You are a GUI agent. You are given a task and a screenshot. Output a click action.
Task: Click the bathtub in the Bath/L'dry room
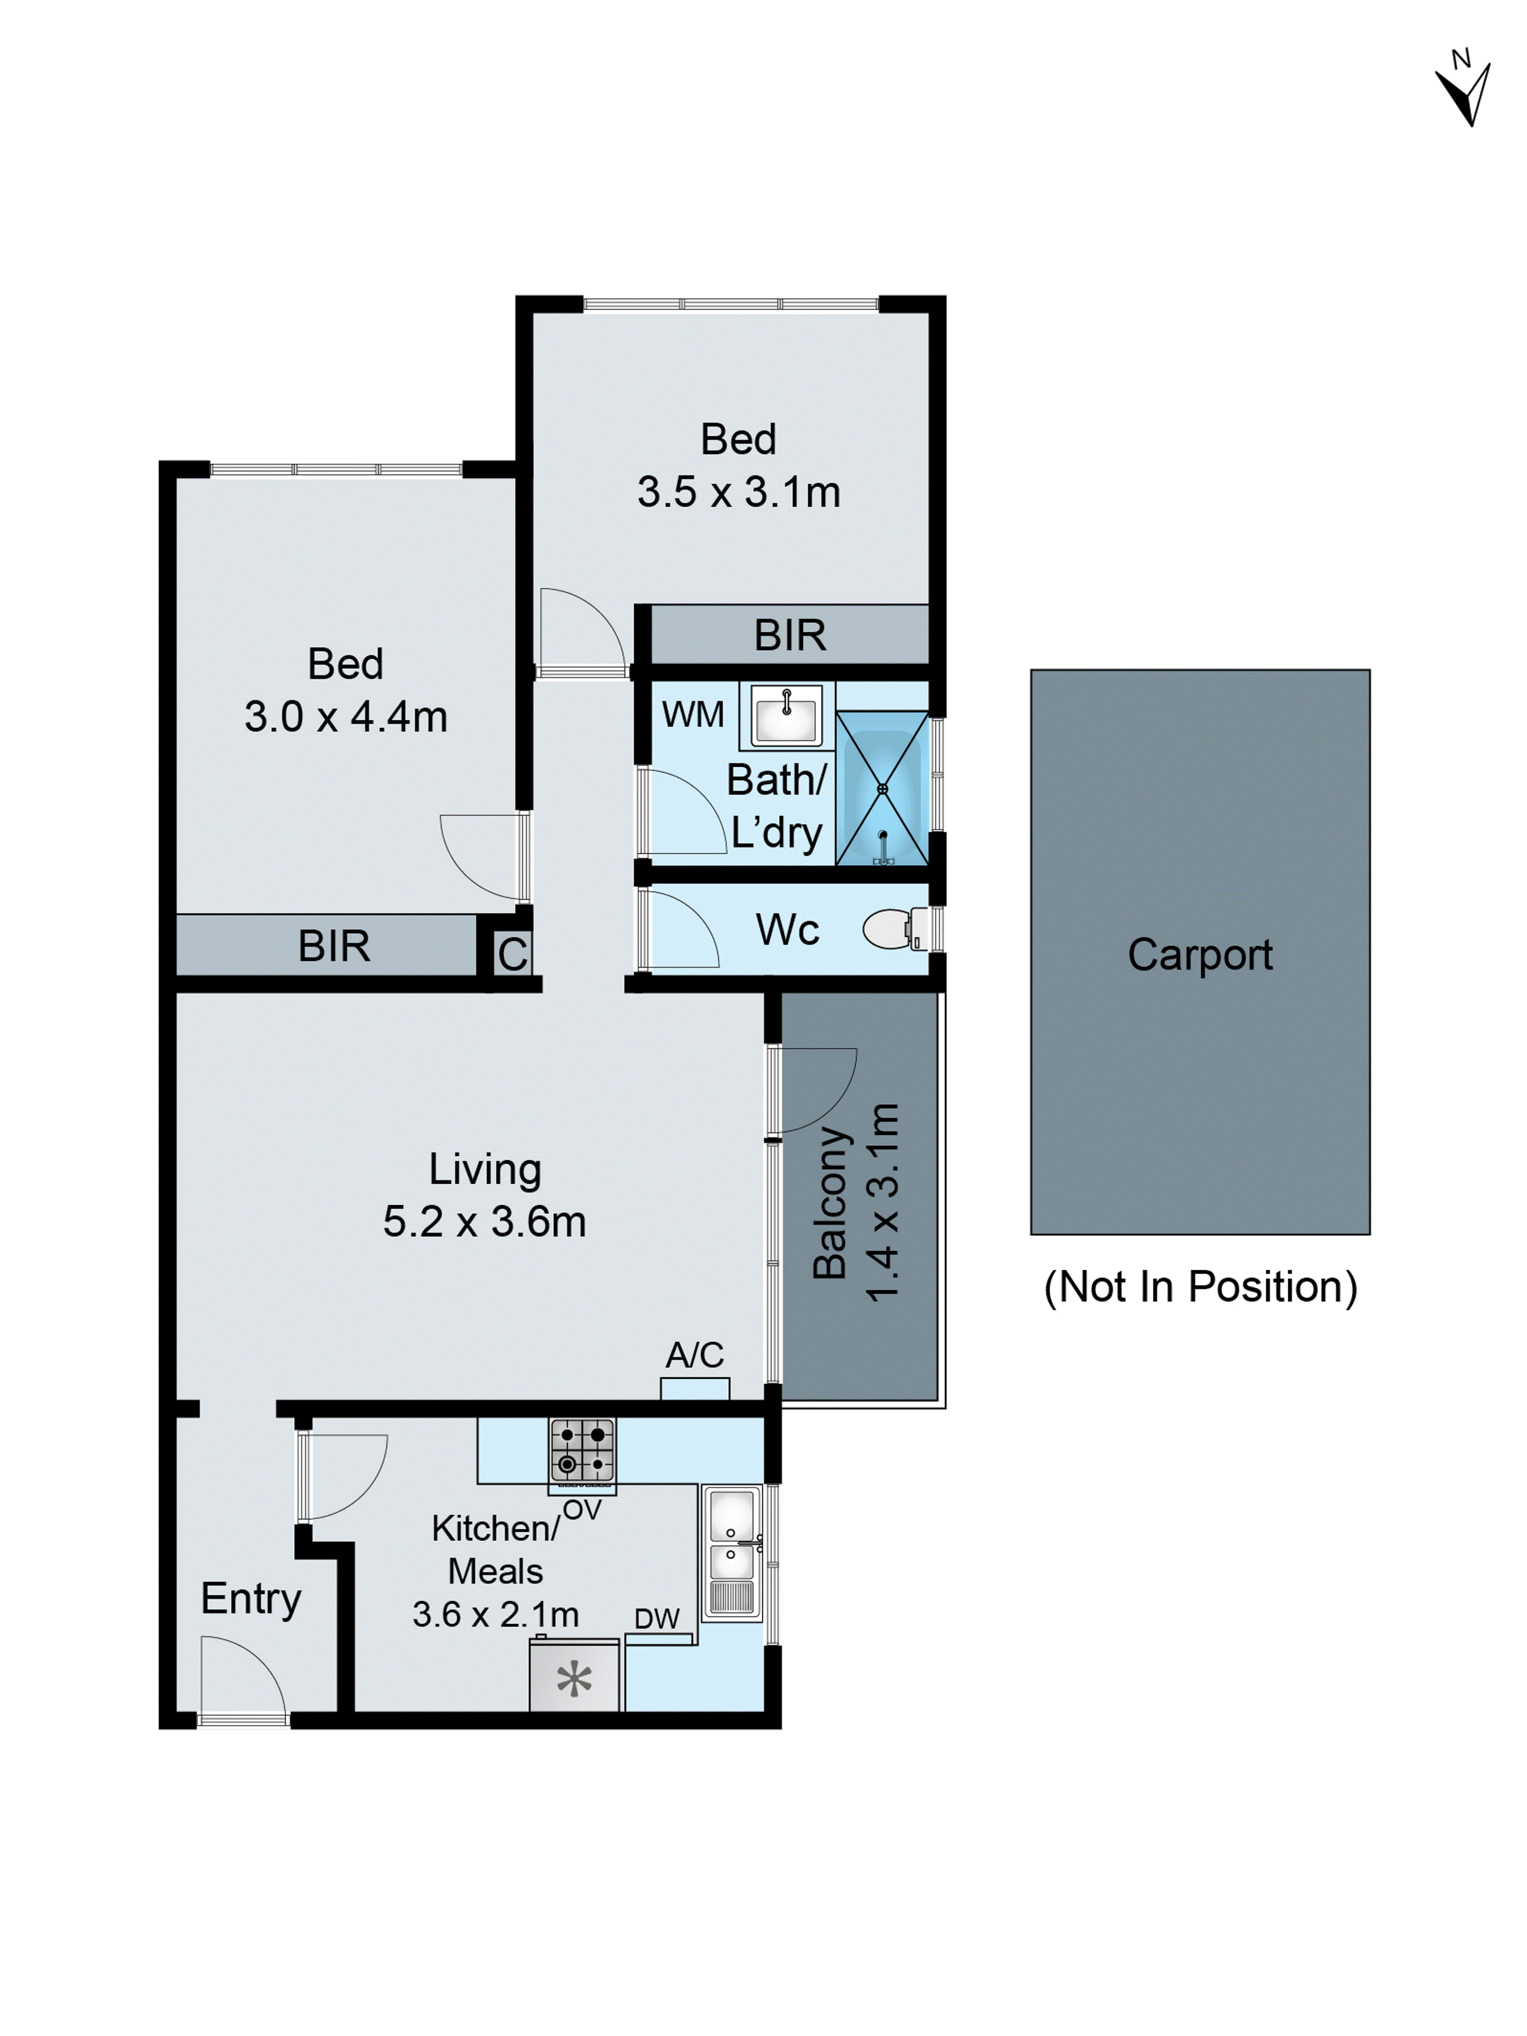[882, 788]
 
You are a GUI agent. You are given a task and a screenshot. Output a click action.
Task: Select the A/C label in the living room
[695, 1355]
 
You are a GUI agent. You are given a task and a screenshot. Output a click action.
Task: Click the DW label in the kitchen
[656, 1618]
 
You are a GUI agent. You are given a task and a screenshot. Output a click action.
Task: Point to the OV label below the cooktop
[582, 1510]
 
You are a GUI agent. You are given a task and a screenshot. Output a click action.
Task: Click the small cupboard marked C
[513, 954]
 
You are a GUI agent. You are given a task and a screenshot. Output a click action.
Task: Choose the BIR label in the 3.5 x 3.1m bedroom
[790, 635]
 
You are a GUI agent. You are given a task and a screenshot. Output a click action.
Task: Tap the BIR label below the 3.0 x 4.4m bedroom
[333, 946]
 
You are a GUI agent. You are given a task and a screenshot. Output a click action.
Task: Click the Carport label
[1199, 955]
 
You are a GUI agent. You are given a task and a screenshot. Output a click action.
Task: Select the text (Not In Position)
[1199, 1287]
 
